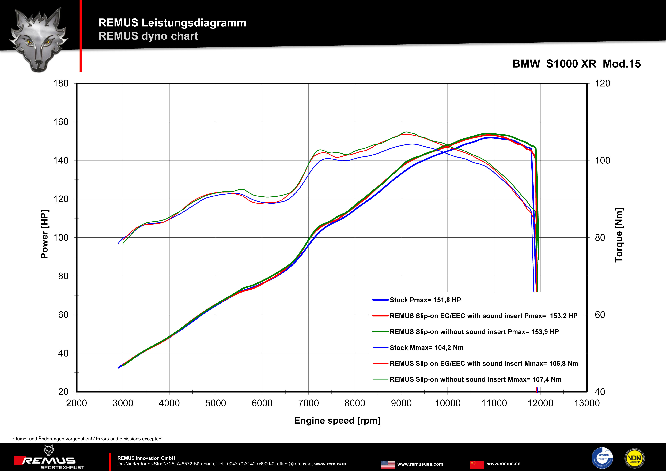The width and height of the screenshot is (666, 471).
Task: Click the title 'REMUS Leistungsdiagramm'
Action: tap(172, 23)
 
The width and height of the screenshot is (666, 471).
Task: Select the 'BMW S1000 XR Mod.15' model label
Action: tap(576, 64)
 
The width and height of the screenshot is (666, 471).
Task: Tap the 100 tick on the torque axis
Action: tap(602, 160)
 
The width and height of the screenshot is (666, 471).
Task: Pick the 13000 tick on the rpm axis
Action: tap(586, 403)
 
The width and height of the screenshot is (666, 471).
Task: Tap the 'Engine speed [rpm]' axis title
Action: tap(337, 420)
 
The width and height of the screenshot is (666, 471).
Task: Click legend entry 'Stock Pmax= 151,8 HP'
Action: tap(425, 300)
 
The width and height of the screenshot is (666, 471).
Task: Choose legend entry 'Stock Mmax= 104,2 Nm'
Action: tap(426, 347)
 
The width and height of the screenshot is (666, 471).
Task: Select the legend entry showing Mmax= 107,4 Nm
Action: tap(475, 379)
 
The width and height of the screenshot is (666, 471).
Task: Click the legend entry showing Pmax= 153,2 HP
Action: tap(483, 316)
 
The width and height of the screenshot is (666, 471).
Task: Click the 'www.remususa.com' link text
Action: tap(420, 464)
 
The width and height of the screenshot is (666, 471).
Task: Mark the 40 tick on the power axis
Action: tap(63, 353)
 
